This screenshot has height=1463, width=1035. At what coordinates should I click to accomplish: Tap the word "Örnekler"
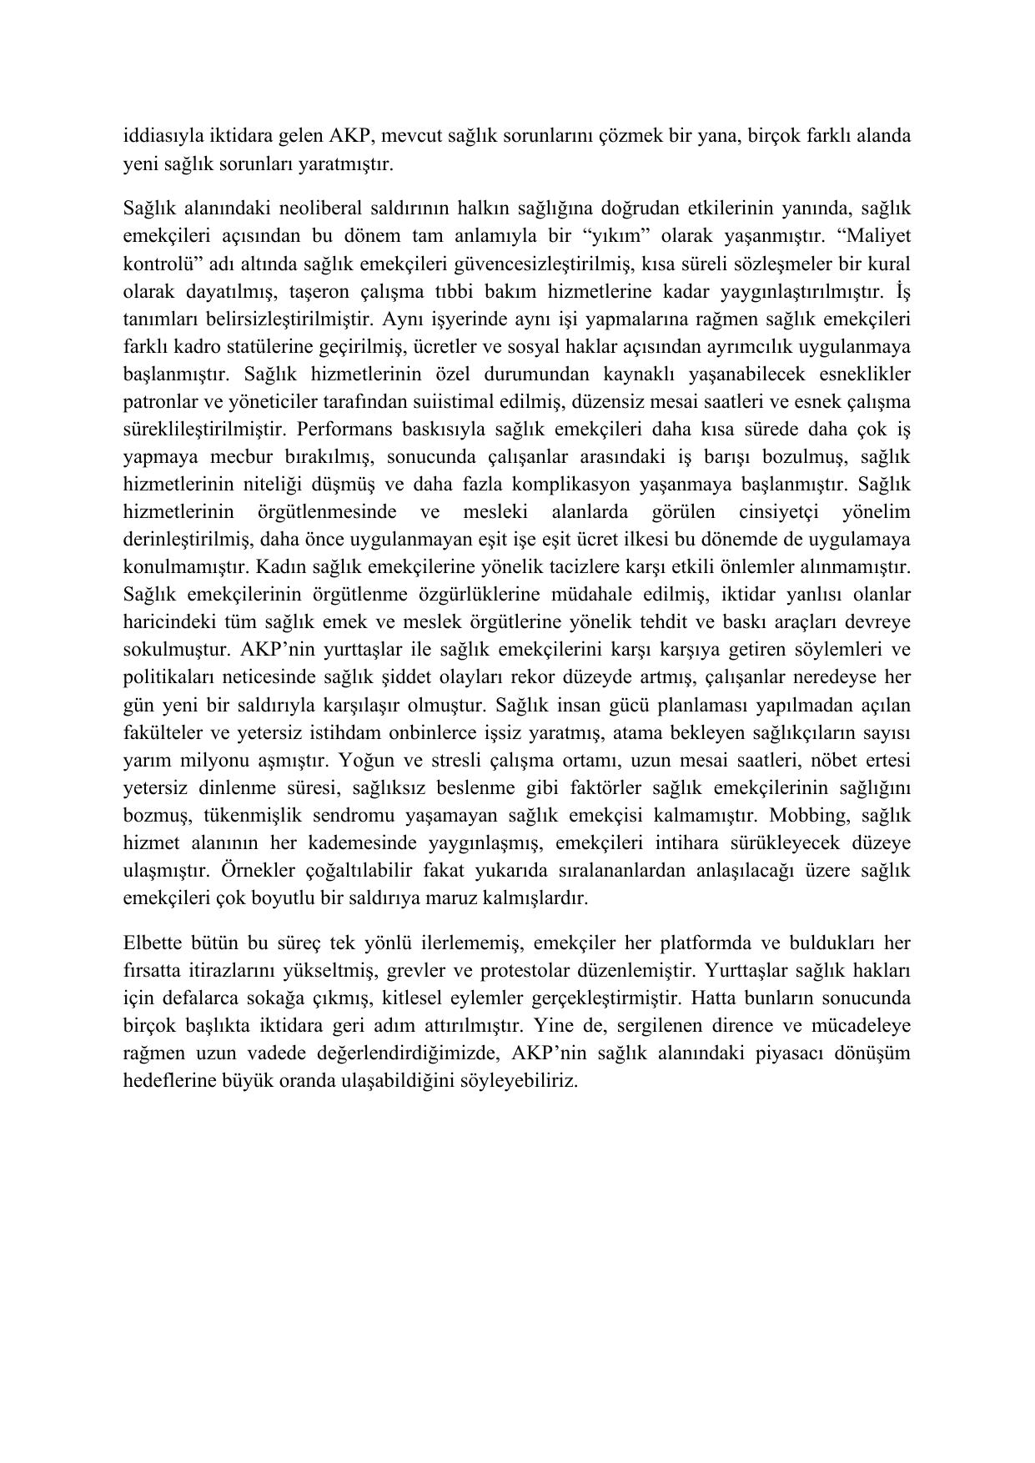[x=255, y=870]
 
